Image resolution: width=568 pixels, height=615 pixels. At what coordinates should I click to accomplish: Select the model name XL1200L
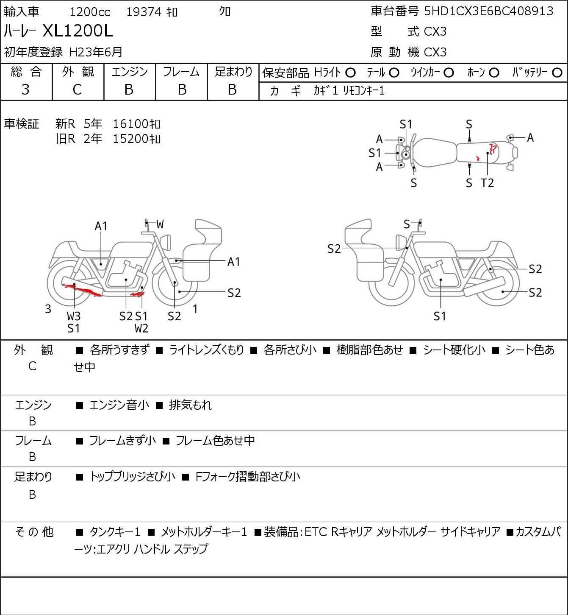[x=78, y=31]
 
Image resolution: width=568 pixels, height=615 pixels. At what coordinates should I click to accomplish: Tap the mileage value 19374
[x=144, y=12]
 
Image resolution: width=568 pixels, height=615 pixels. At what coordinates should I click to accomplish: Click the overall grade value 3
[x=25, y=89]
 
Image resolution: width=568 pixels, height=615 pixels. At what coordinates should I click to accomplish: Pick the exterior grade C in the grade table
[x=77, y=89]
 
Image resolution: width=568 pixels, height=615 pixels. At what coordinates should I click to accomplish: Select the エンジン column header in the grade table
[x=129, y=72]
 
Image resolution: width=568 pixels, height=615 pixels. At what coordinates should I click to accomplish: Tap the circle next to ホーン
[x=494, y=73]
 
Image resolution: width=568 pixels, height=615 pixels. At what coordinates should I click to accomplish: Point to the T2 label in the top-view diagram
[x=487, y=183]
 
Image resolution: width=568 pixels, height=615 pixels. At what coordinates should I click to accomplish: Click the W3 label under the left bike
[x=73, y=316]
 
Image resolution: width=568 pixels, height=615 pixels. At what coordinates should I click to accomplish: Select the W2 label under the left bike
[x=141, y=328]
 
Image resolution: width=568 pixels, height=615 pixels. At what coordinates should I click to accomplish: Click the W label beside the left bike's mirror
[x=160, y=224]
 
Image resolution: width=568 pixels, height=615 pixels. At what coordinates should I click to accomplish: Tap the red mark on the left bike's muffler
[x=83, y=290]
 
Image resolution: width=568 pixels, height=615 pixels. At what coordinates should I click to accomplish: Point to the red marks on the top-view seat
[x=492, y=149]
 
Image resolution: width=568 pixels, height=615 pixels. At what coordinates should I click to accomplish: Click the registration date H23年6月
[x=96, y=52]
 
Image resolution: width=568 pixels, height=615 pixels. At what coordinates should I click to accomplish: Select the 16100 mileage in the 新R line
[x=131, y=124]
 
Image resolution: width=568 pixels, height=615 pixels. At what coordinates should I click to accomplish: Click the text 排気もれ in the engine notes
[x=190, y=405]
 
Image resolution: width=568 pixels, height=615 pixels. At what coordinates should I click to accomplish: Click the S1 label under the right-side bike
[x=440, y=316]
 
